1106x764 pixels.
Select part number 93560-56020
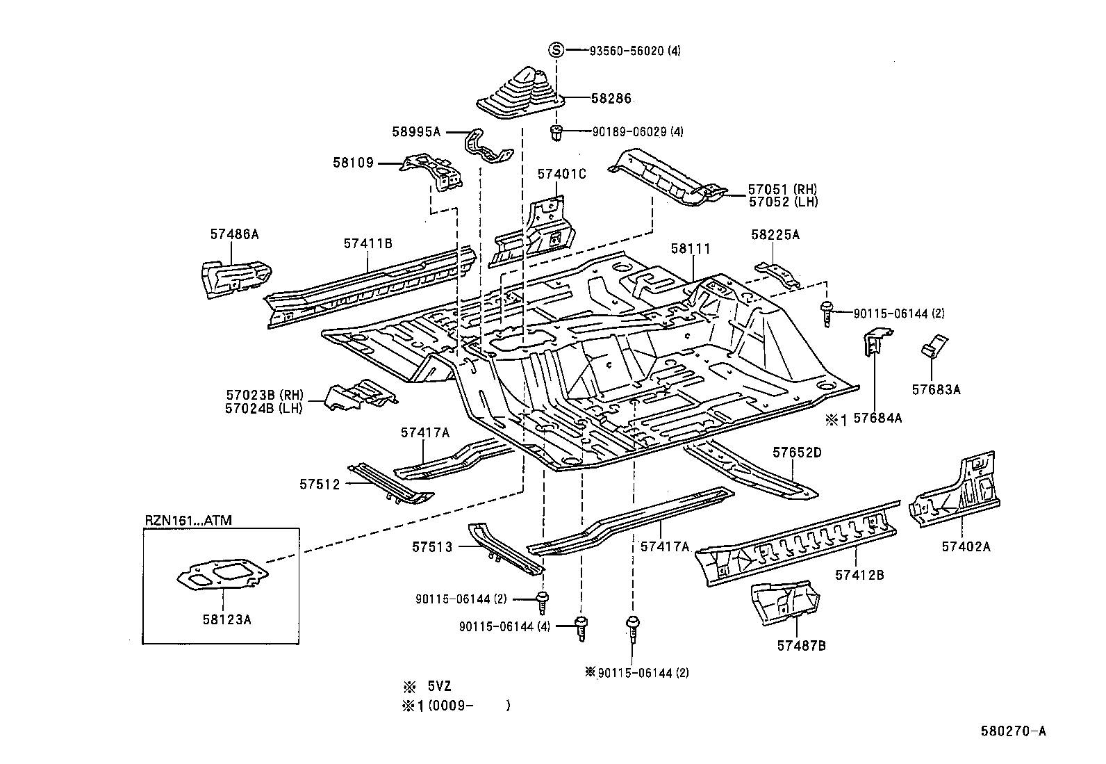(x=627, y=51)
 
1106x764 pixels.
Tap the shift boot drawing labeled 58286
(x=520, y=92)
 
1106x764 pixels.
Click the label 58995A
(x=416, y=131)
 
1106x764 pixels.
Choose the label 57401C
(x=561, y=174)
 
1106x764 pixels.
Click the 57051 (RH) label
(x=782, y=189)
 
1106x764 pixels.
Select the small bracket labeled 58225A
(x=777, y=274)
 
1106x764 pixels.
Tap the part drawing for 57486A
(x=233, y=277)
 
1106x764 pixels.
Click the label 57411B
(x=368, y=243)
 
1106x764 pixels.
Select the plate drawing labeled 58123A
(x=222, y=576)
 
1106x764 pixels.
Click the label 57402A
(x=966, y=546)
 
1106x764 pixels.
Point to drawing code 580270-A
(x=1014, y=731)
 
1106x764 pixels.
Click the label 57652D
(x=797, y=453)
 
